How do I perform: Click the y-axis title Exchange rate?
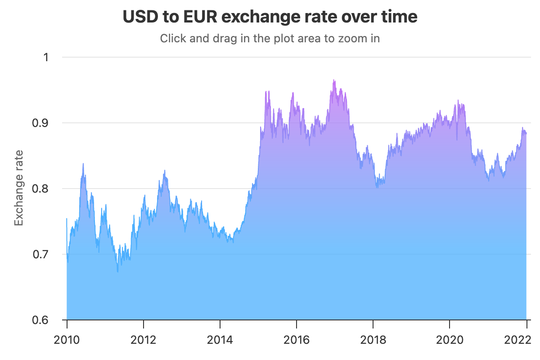click(18, 188)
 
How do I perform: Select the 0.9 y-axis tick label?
click(41, 123)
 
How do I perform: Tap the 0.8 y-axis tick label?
click(41, 189)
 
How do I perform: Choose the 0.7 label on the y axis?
click(41, 254)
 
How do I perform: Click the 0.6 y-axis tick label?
click(41, 320)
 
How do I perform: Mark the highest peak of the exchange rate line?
click(333, 80)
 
